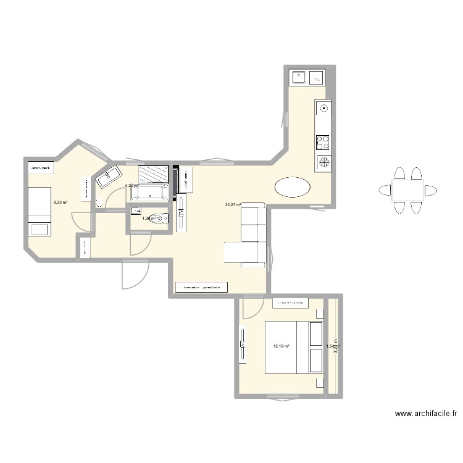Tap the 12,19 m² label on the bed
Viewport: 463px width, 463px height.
click(282, 346)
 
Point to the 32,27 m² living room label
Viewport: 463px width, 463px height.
click(233, 204)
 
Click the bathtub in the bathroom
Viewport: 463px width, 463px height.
click(150, 193)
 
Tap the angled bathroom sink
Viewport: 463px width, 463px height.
click(107, 177)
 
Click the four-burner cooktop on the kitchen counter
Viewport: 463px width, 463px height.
click(323, 143)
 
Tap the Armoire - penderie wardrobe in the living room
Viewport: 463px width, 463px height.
click(202, 287)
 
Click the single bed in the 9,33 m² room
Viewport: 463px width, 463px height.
click(40, 212)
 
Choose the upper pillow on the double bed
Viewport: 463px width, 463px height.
click(317, 330)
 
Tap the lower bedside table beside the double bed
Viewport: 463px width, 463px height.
click(317, 383)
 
